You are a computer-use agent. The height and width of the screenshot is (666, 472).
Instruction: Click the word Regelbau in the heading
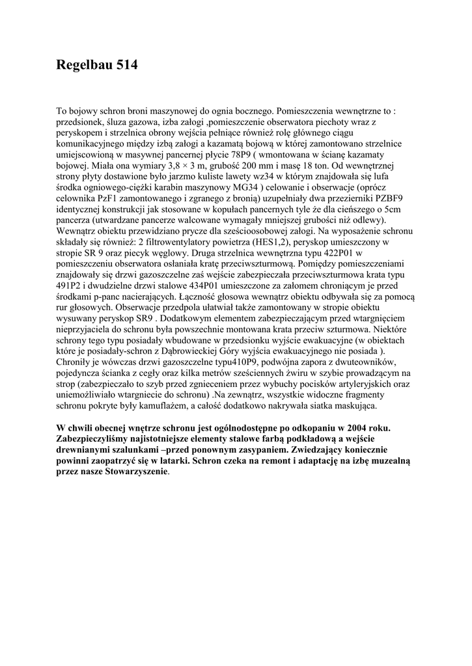84,65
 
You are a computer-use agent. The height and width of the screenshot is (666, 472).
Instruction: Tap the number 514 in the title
126,65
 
